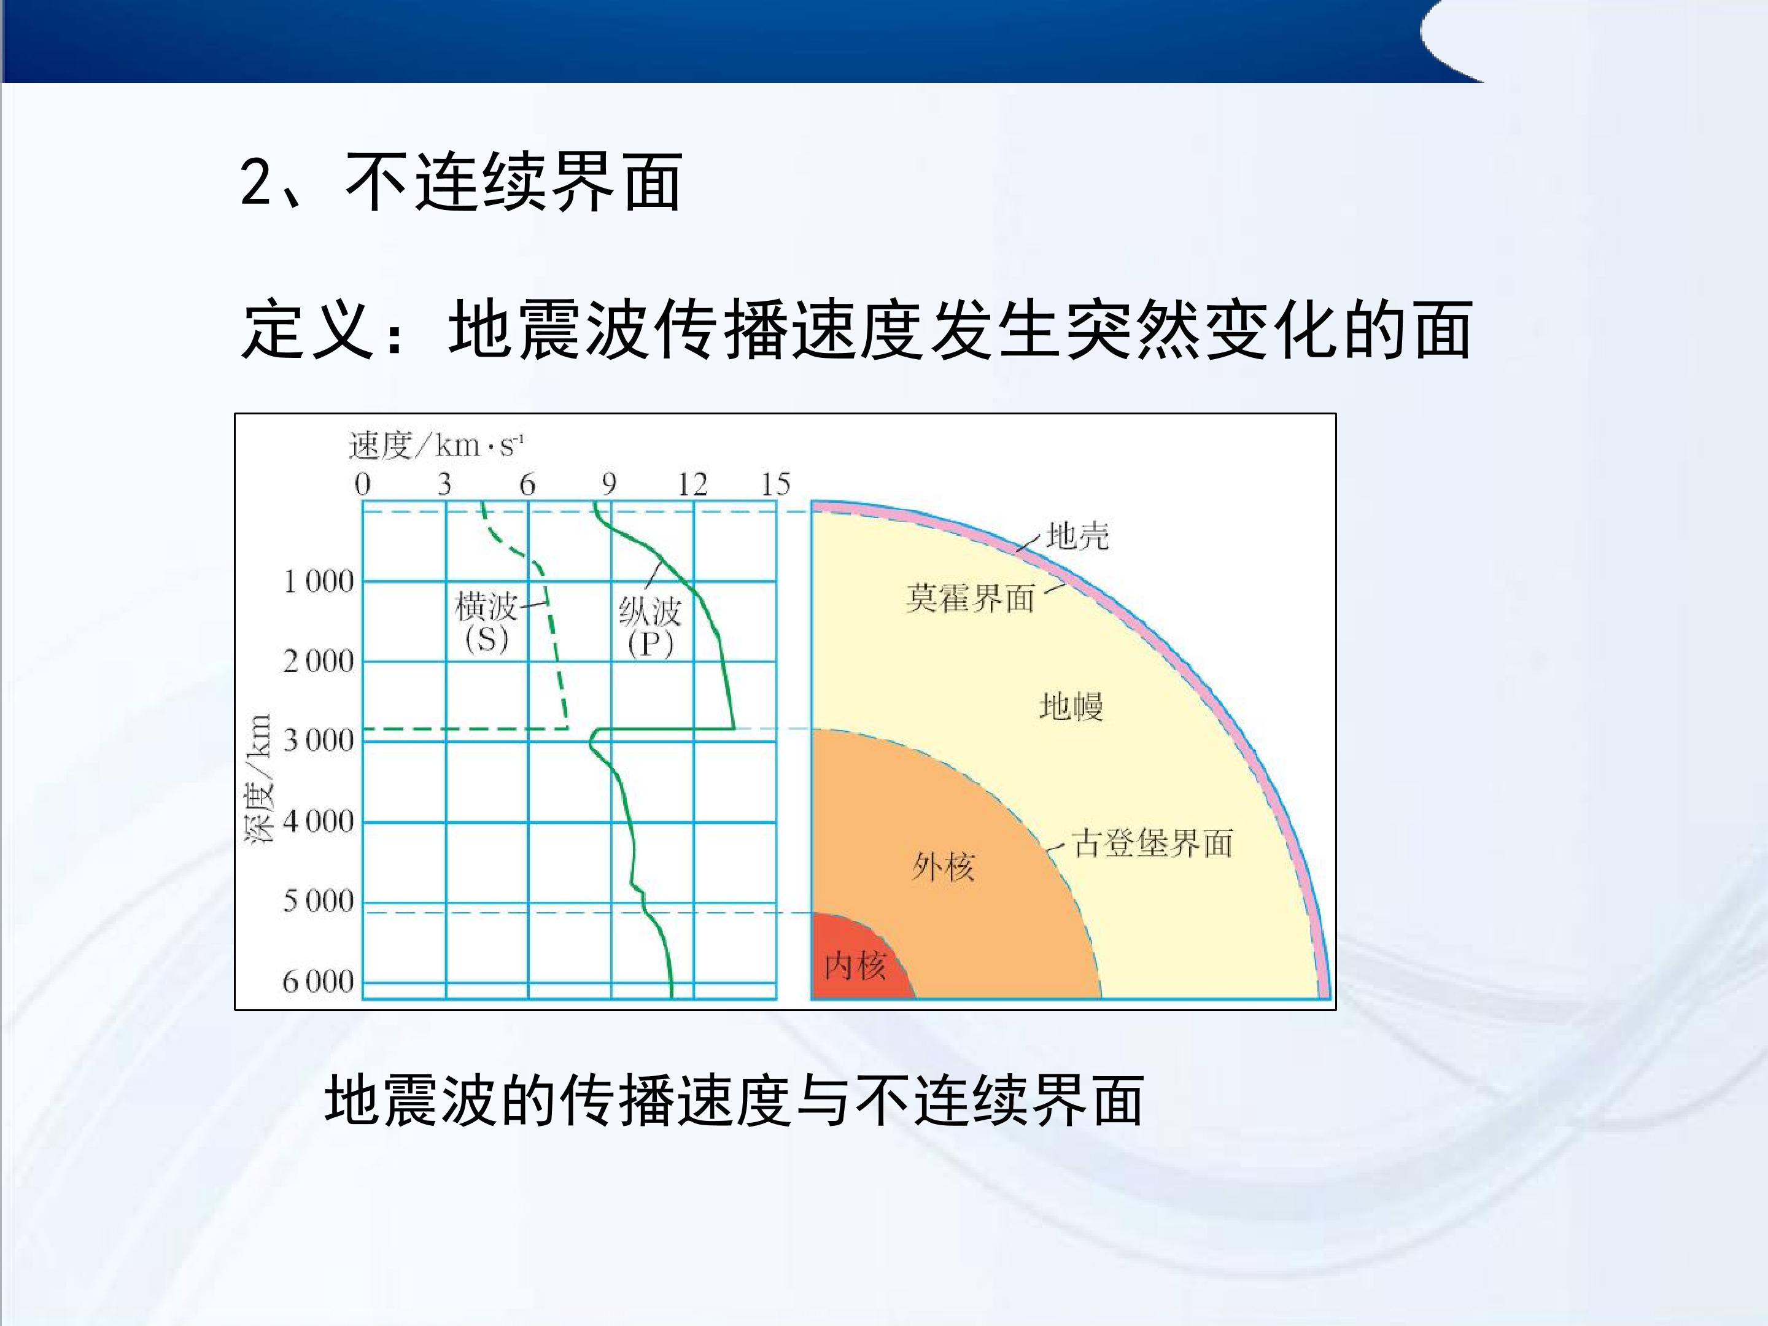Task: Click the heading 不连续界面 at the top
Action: (513, 183)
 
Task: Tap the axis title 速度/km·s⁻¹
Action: (436, 445)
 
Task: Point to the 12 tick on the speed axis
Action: (692, 484)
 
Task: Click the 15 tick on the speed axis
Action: (775, 484)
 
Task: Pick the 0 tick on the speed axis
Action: (363, 484)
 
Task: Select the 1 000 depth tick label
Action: (318, 581)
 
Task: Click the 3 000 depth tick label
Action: (318, 740)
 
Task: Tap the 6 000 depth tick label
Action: (318, 981)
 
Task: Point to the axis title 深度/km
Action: (258, 778)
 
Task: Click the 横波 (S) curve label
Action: (487, 622)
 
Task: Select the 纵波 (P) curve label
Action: (650, 628)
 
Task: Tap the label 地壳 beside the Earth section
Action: (1077, 535)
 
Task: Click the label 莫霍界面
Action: (971, 598)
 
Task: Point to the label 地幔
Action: (1071, 707)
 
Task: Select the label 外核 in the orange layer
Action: (943, 866)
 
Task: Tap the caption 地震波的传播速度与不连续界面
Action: (734, 1101)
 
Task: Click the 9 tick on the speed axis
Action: (609, 484)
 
